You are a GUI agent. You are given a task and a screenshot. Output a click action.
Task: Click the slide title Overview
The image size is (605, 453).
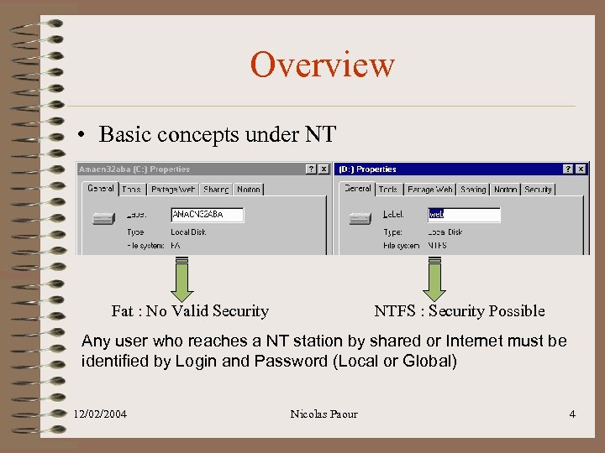(322, 65)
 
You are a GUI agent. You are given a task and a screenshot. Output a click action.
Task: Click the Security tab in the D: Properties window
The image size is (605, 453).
(538, 190)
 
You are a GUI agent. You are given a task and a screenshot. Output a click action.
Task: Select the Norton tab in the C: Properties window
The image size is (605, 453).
(248, 190)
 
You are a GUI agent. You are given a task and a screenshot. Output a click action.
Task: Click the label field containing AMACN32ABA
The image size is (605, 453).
(207, 215)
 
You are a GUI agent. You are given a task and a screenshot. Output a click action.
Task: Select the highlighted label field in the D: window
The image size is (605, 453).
(464, 215)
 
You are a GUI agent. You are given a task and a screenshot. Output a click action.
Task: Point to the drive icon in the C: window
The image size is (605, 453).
(103, 218)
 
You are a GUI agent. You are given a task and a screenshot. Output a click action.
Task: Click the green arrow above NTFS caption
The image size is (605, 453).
(434, 280)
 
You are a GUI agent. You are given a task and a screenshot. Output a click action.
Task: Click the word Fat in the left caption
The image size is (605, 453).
(122, 311)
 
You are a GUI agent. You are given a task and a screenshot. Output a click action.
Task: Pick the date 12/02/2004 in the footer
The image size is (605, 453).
(100, 414)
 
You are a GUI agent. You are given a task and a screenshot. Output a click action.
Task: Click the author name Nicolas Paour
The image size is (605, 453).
(324, 414)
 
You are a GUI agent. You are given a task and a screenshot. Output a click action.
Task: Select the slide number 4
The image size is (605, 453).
(571, 414)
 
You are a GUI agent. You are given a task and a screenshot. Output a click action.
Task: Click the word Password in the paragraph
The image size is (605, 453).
(321, 362)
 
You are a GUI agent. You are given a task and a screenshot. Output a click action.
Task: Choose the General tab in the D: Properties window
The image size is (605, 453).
(357, 189)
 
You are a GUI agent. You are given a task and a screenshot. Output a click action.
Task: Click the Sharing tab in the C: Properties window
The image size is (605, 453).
(216, 190)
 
